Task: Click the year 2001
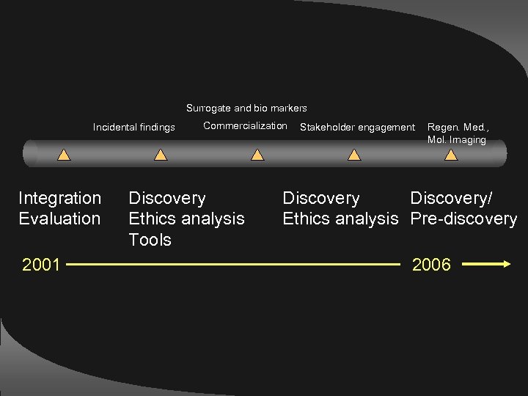point(41,265)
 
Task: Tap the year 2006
point(431,265)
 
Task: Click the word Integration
point(60,198)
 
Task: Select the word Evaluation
point(59,219)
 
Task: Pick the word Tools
point(150,240)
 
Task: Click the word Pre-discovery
point(463,219)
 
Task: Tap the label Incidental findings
point(134,128)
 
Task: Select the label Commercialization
point(245,126)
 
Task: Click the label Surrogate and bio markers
point(246,109)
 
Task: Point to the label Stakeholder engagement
point(357,128)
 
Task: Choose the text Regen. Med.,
point(458,128)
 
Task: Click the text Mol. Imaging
point(456,139)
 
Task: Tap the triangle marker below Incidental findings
point(161,155)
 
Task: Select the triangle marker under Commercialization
point(257,155)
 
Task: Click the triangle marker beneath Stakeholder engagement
point(354,155)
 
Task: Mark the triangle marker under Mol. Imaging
point(451,155)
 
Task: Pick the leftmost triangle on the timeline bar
point(64,155)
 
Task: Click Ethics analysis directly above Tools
point(186,219)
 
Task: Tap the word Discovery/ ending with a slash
point(452,198)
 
